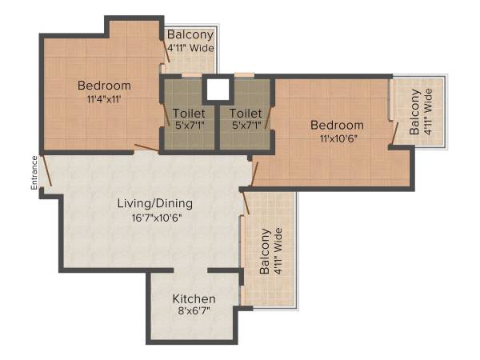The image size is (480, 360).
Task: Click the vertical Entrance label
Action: click(34, 172)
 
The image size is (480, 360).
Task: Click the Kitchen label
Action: click(194, 299)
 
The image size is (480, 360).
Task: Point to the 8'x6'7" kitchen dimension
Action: click(194, 313)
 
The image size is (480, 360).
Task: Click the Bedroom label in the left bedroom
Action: click(104, 86)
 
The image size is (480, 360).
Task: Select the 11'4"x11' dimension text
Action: click(104, 100)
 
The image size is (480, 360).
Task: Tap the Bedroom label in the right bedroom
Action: click(337, 125)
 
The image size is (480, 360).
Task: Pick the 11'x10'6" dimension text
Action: click(337, 138)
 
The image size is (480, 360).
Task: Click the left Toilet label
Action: click(188, 113)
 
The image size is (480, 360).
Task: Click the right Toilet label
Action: click(244, 113)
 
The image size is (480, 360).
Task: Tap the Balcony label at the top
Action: click(190, 34)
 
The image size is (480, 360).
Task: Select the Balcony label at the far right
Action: click(414, 111)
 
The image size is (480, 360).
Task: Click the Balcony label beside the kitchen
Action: click(265, 252)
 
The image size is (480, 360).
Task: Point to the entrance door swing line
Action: click(46, 170)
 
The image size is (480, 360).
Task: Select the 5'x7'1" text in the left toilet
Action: click(188, 126)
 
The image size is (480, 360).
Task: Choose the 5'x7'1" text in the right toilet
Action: click(244, 126)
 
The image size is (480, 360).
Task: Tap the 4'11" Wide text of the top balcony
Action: click(190, 47)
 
